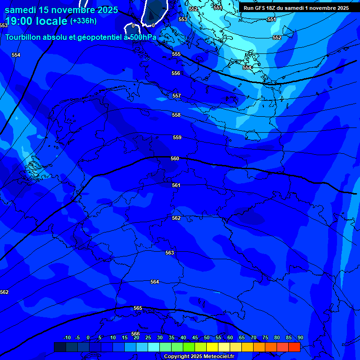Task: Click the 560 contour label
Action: pyautogui.click(x=175, y=159)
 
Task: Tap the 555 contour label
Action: pyautogui.click(x=176, y=54)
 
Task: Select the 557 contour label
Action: pyautogui.click(x=177, y=96)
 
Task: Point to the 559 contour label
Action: pyautogui.click(x=177, y=138)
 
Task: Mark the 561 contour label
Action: pyautogui.click(x=176, y=186)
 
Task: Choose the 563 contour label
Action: pyautogui.click(x=170, y=253)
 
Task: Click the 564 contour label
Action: pyautogui.click(x=155, y=282)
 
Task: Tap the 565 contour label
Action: pyautogui.click(x=138, y=308)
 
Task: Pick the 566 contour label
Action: pyautogui.click(x=135, y=334)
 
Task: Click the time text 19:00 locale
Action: pyautogui.click(x=36, y=22)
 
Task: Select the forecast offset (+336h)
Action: pyautogui.click(x=83, y=21)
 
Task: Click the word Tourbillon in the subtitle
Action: pyautogui.click(x=23, y=37)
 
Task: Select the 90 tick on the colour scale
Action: pyautogui.click(x=300, y=337)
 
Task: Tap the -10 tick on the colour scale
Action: pyautogui.click(x=67, y=337)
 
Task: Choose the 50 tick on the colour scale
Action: pyautogui.click(x=206, y=337)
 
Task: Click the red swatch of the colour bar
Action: pyautogui.click(x=294, y=347)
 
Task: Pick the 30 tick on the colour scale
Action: pyautogui.click(x=160, y=337)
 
